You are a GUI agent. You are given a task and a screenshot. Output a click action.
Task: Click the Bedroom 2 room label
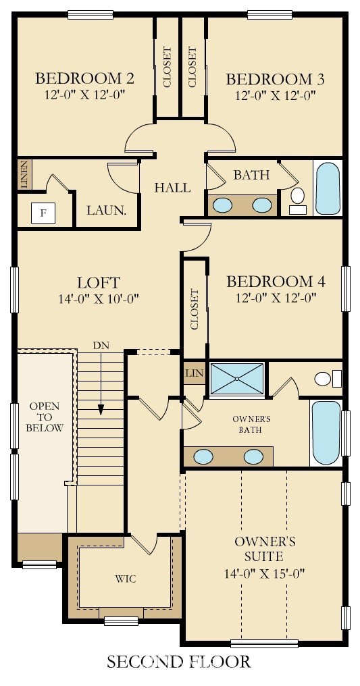point(84,78)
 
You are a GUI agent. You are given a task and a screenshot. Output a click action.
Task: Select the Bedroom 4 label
point(276,282)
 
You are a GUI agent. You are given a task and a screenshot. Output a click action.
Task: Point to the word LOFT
point(99,282)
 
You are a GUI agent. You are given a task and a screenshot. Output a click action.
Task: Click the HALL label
point(173,188)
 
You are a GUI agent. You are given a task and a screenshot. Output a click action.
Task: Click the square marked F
point(43,213)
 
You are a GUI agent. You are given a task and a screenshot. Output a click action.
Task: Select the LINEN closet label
point(24,175)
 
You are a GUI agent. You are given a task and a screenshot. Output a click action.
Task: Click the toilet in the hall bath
point(298,201)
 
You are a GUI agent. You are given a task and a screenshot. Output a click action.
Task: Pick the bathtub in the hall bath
point(328,188)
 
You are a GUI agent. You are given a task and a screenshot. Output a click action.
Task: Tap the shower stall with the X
point(236,378)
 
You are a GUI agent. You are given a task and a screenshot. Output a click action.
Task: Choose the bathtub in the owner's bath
point(326,432)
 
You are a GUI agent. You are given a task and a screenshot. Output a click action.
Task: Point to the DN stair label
point(101,346)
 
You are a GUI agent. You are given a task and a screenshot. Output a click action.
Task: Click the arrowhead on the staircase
point(101,409)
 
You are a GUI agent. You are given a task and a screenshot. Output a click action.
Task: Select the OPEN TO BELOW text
point(45,417)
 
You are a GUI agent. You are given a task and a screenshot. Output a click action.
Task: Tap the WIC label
point(126,579)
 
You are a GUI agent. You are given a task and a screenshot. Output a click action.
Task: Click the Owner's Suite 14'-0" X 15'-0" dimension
point(265,573)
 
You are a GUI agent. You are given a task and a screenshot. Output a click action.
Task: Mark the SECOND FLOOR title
point(179,660)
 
